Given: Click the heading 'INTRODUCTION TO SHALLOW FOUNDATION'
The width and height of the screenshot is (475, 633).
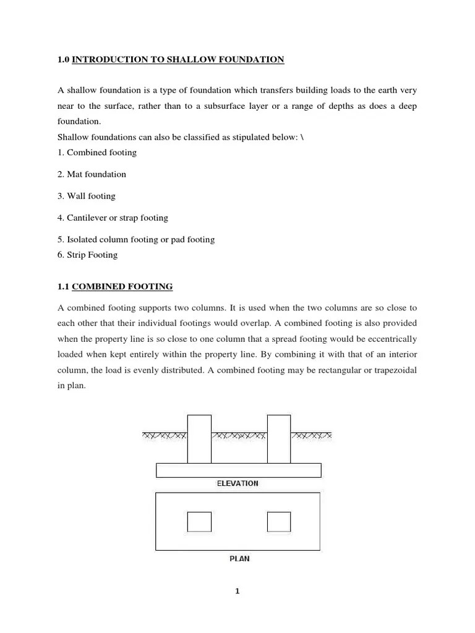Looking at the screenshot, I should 178,59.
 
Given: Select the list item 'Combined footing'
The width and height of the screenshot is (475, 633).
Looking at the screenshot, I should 97,152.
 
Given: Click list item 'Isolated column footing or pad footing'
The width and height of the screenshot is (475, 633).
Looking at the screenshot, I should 136,239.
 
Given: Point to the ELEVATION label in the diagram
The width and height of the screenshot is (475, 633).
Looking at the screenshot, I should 237,483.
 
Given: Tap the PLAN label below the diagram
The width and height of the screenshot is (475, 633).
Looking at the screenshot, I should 239,558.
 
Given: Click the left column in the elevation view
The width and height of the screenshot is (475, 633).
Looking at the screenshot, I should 199,439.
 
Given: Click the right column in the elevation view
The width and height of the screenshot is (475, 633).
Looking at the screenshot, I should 279,439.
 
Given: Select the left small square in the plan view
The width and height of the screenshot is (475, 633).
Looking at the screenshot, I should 199,522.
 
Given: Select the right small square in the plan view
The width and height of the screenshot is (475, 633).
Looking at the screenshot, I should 279,522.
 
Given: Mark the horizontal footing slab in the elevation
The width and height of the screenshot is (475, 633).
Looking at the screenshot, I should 238,470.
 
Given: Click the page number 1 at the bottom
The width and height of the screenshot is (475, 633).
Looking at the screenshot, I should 237,592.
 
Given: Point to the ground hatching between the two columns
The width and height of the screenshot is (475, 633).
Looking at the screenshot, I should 239,436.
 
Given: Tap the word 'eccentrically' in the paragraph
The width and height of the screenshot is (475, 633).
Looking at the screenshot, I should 392,339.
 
